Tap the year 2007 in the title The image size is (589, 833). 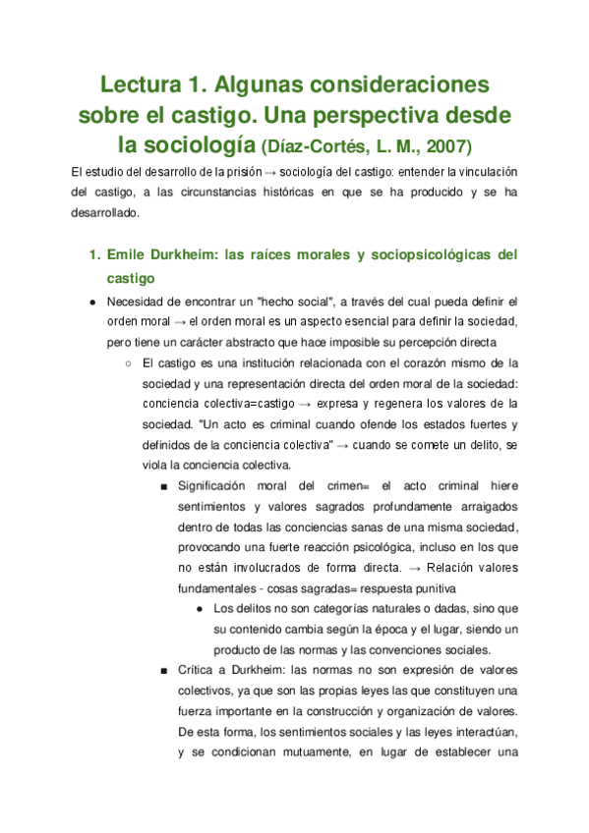point(446,147)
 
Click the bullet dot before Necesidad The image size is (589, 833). point(91,302)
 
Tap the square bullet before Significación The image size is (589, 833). point(162,485)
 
